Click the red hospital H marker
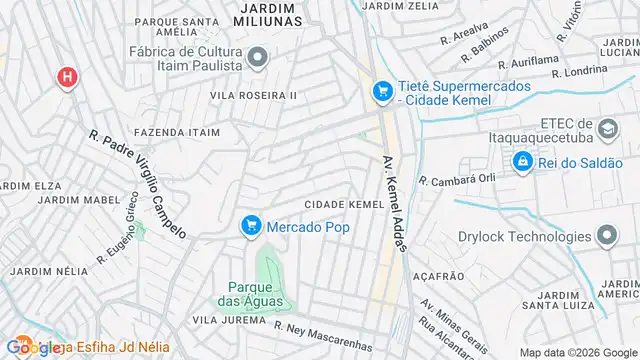click(x=68, y=77)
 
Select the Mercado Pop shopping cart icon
click(x=251, y=227)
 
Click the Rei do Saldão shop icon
click(x=522, y=161)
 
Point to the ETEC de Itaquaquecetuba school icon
click(x=607, y=129)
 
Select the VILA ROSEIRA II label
click(x=253, y=95)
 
